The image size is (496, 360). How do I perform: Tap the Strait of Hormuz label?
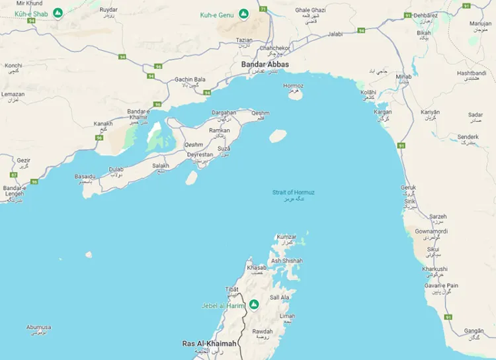tap(294, 193)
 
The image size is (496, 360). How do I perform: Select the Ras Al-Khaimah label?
tap(209, 343)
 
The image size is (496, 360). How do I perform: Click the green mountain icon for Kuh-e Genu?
tap(243, 13)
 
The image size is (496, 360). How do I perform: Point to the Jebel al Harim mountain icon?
tap(253, 305)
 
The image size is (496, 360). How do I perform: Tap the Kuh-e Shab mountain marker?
tap(58, 13)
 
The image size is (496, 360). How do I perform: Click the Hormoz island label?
tap(293, 86)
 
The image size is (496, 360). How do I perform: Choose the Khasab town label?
tap(256, 268)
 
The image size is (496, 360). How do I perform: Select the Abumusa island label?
tap(38, 327)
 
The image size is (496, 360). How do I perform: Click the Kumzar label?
tap(286, 237)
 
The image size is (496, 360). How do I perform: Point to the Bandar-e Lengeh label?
tap(15, 191)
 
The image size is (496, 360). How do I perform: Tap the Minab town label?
tap(403, 77)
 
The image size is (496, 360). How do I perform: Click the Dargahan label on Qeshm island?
tap(223, 112)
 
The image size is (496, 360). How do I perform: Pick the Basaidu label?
tap(85, 177)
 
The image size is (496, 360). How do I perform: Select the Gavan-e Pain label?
tap(442, 286)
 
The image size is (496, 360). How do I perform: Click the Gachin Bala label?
tap(187, 79)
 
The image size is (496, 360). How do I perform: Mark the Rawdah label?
tap(262, 332)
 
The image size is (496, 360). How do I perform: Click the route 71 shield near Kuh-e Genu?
tap(263, 9)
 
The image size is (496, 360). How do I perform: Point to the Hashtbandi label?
tap(471, 73)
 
